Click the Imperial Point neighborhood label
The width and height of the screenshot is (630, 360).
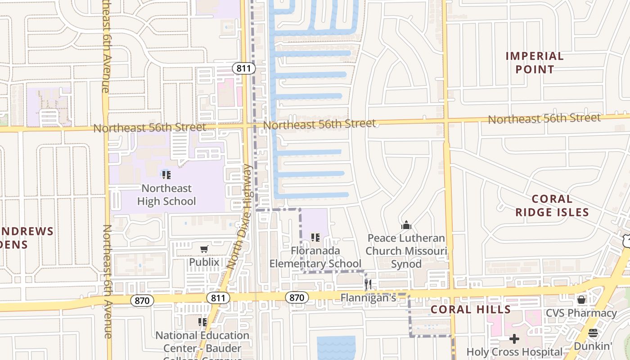[535, 63]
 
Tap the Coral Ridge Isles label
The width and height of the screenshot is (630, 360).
[552, 206]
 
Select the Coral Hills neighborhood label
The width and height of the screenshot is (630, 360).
[471, 310]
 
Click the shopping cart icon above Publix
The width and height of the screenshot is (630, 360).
[204, 249]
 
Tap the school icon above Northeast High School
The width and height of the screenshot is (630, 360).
[166, 175]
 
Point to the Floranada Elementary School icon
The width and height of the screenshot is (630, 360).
[315, 237]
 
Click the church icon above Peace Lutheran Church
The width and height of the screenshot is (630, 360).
[406, 225]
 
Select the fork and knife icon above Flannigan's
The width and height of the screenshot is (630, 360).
[368, 284]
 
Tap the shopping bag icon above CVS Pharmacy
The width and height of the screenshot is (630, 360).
[581, 299]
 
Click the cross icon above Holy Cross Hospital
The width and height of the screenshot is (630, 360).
[514, 338]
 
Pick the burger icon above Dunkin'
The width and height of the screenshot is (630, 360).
[593, 333]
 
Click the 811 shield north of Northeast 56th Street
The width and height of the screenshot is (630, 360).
[244, 68]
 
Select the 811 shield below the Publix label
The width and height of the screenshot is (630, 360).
[218, 298]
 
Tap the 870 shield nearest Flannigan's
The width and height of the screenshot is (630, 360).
[297, 297]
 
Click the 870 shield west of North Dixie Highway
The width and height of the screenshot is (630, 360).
[142, 301]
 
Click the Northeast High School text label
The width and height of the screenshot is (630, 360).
[166, 195]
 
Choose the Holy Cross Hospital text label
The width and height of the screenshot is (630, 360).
[514, 352]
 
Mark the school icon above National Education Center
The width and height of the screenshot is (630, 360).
[202, 322]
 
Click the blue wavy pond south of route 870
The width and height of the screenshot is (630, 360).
[336, 348]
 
